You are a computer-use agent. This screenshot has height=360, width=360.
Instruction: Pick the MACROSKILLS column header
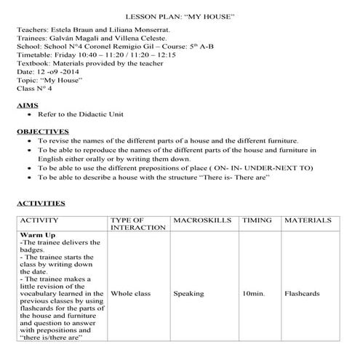pos(201,220)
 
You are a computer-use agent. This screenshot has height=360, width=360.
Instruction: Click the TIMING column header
pos(257,220)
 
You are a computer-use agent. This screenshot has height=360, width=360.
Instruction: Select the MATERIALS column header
pos(308,220)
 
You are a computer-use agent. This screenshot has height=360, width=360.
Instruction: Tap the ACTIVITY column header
pos(44,220)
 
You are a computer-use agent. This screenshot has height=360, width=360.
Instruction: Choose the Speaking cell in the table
pos(189,295)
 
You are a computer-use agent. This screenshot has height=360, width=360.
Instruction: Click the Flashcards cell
pos(303,295)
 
